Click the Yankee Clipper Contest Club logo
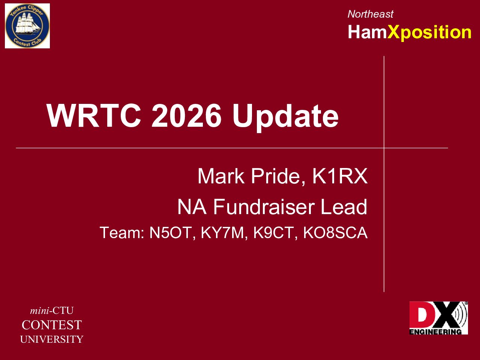[x=27, y=26]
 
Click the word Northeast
[x=370, y=14]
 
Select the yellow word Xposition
[x=429, y=33]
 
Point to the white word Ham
[x=367, y=32]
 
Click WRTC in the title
[x=94, y=115]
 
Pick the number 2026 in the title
[x=186, y=115]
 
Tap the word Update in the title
[x=285, y=117]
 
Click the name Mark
[x=221, y=176]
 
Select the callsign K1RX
[x=340, y=176]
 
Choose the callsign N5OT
[x=170, y=232]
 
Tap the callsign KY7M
[x=222, y=232]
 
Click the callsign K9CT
[x=273, y=232]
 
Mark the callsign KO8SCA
[x=335, y=232]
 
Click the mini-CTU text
[x=52, y=310]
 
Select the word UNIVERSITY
[x=52, y=339]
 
